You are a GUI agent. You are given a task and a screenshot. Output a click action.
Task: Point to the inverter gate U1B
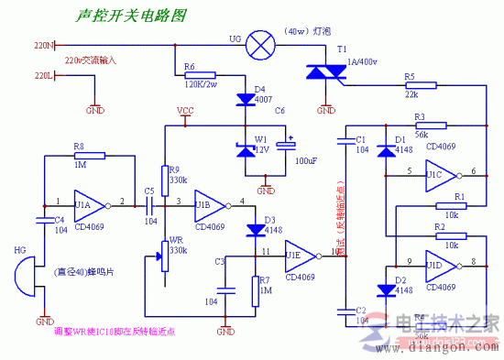[x=206, y=204]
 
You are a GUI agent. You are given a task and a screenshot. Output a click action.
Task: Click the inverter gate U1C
[x=436, y=171]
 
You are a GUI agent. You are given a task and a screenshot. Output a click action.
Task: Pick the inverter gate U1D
[x=436, y=263]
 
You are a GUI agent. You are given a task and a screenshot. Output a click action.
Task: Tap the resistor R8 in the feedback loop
[x=83, y=157]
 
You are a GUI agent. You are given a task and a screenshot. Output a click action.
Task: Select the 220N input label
[x=43, y=44]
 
